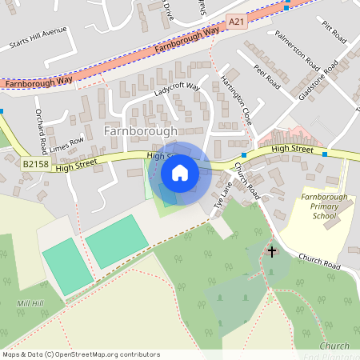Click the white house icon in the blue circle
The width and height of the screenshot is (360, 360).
point(180,173)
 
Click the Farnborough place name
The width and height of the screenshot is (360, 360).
point(140,130)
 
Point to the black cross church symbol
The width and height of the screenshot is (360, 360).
point(271,252)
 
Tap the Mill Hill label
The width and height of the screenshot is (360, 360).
point(30,304)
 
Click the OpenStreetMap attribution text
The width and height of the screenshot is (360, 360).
point(80,354)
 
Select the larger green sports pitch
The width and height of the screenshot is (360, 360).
point(116,241)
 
